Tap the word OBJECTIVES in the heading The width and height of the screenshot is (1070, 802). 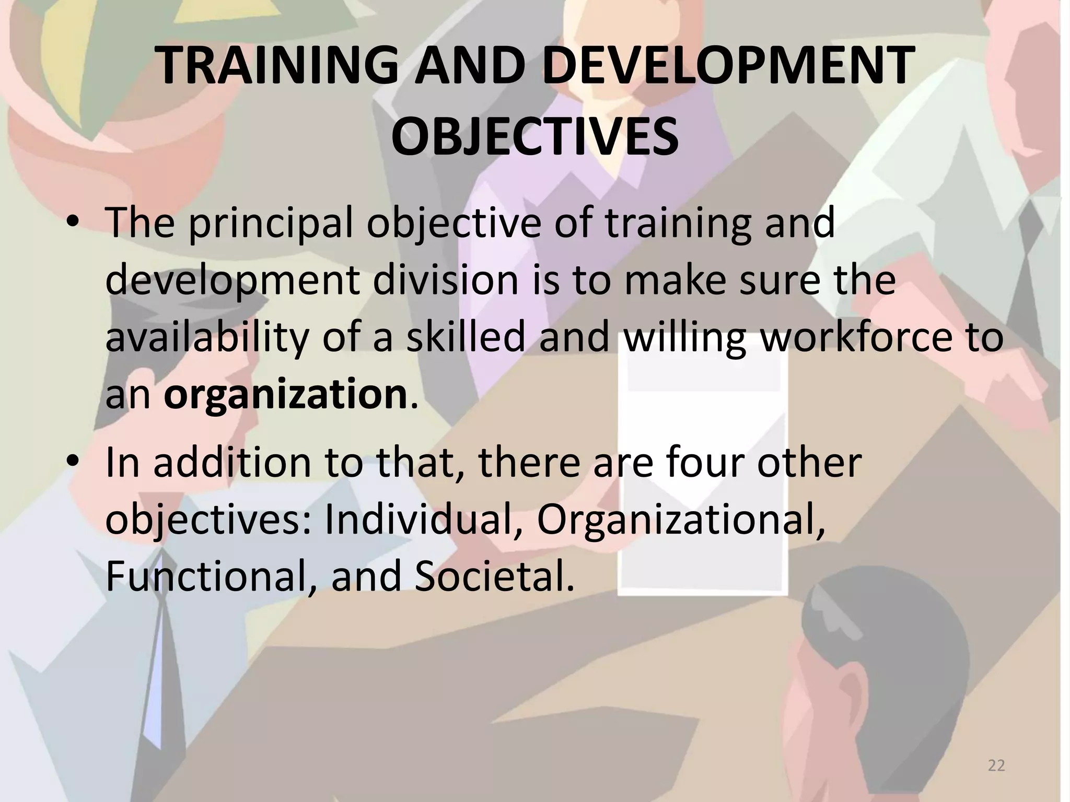534,137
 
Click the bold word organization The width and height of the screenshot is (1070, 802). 285,395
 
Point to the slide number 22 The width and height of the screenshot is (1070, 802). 996,765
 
